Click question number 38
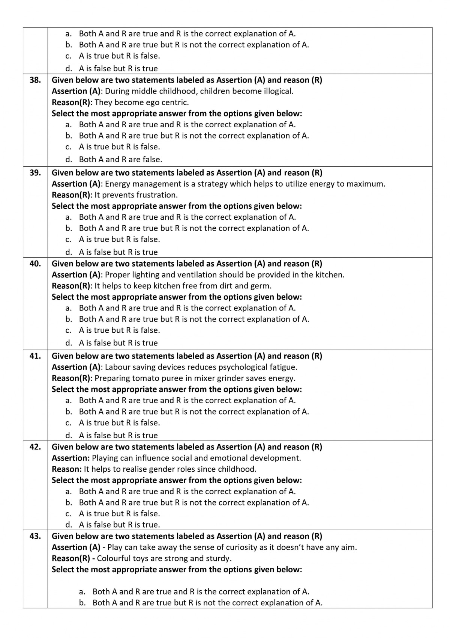coord(35,80)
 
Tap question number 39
coord(35,173)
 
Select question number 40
coord(35,264)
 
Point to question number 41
coord(35,356)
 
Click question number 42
coord(35,447)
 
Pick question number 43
coord(35,536)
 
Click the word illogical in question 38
coord(277,91)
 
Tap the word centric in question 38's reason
coord(174,103)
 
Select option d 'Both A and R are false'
coord(120,159)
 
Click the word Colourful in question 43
coord(113,558)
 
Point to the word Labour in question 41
coord(117,367)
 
